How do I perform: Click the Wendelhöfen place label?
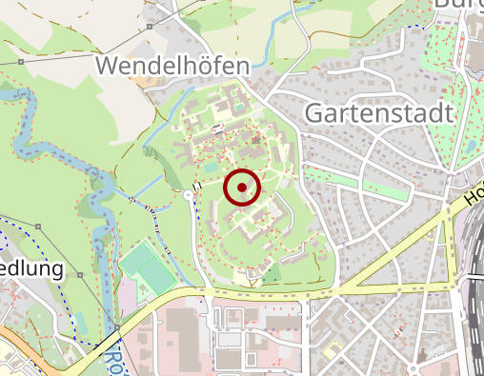173,66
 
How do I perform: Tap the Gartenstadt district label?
378,112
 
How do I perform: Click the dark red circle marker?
242,187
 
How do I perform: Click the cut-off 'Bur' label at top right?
457,5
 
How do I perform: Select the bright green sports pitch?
142,267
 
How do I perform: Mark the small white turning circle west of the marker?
189,194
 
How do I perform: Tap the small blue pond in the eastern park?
470,146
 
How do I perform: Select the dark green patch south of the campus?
272,275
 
